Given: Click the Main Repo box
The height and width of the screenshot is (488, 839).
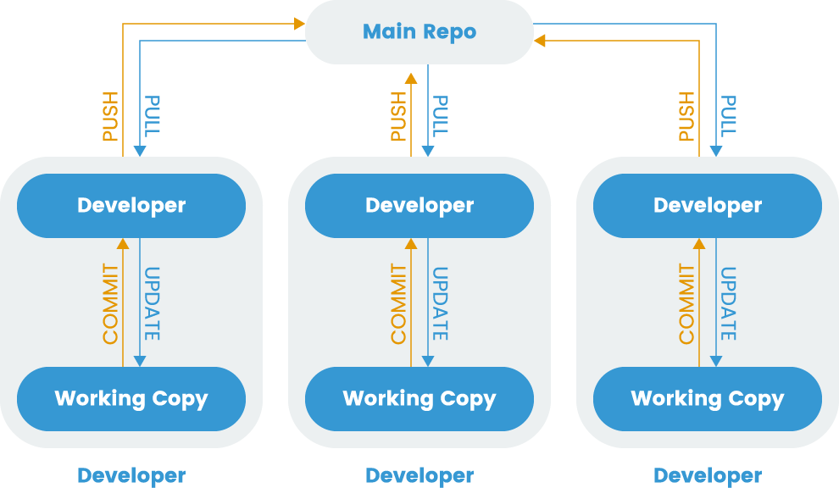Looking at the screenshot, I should [419, 32].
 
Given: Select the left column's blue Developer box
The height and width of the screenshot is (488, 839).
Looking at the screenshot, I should [131, 206].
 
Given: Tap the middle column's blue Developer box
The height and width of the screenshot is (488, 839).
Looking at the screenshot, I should [419, 206].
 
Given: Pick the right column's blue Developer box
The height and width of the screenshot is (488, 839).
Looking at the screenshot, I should [708, 206].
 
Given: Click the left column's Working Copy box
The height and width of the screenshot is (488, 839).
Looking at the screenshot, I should [131, 398].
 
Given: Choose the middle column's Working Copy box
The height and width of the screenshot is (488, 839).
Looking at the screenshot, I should [419, 398].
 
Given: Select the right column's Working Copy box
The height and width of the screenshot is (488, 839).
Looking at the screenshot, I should [708, 398].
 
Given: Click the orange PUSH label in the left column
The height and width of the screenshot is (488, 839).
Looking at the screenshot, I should [111, 117].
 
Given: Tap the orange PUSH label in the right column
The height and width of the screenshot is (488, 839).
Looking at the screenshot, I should [687, 117].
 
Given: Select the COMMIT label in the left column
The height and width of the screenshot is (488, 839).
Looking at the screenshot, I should [111, 304].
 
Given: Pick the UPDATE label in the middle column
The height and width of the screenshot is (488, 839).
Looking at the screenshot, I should [441, 304].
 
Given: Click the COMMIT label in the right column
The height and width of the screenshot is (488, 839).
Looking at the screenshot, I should [687, 304].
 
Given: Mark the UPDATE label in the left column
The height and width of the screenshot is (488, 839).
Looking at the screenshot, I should [153, 304].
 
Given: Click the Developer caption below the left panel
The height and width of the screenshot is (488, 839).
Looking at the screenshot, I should [131, 475].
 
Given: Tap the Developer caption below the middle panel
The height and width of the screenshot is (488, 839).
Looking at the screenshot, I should [419, 475].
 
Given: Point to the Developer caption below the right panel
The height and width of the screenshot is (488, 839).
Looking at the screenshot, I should [708, 475].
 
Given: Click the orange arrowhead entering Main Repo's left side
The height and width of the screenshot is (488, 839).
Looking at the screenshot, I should [299, 25].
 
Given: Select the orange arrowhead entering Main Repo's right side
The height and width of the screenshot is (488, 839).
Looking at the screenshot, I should [540, 40].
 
